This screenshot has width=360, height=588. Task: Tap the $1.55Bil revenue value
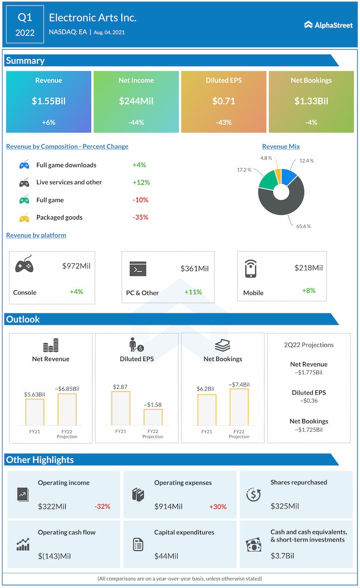[49, 101]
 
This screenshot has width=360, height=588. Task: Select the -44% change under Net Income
[136, 122]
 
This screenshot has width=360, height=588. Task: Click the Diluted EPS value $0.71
[224, 101]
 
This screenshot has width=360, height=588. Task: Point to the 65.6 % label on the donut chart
[303, 226]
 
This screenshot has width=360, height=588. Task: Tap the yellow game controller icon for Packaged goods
[24, 218]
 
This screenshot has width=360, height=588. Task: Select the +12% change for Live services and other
[141, 182]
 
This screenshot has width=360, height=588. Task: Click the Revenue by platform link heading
[36, 235]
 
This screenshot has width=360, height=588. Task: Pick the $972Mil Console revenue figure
[76, 266]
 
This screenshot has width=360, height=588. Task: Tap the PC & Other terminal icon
[138, 269]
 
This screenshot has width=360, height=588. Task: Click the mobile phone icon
[250, 269]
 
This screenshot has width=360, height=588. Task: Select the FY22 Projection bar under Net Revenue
[67, 409]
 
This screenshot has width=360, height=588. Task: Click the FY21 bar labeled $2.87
[121, 408]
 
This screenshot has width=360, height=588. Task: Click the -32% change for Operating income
[102, 507]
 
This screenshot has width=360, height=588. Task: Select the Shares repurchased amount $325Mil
[285, 506]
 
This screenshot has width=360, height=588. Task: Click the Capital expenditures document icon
[138, 545]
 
